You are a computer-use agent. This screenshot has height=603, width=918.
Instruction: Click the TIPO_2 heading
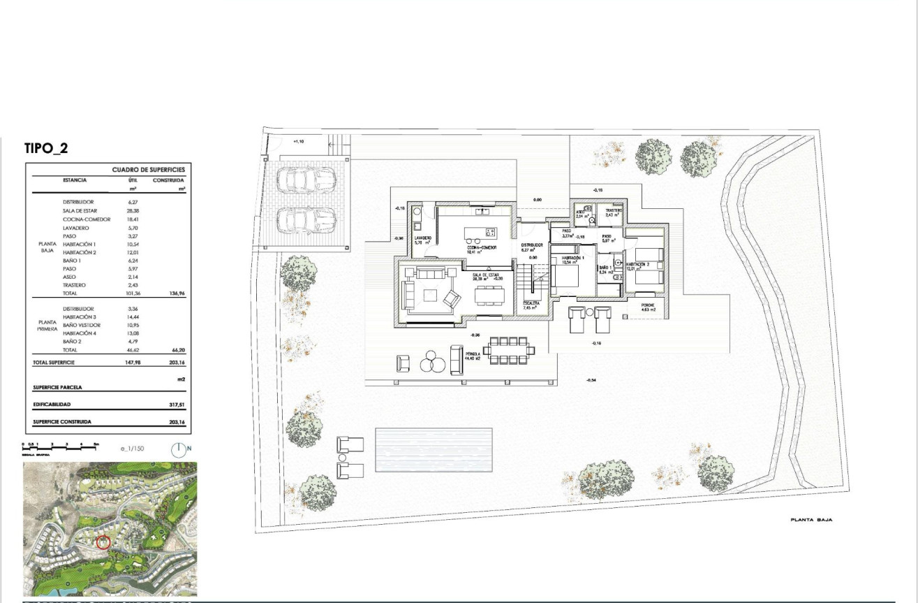pos(46,148)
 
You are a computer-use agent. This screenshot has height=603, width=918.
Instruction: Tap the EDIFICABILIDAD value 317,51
pos(177,405)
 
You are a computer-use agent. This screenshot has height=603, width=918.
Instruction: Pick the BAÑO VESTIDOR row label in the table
pos(82,325)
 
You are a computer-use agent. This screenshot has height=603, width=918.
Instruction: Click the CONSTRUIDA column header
pos(168,180)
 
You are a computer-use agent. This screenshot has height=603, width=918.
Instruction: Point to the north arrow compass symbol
pos(180,449)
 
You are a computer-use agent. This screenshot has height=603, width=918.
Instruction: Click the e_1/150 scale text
pos(131,449)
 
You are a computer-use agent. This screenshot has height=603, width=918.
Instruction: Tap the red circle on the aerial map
pos(103,542)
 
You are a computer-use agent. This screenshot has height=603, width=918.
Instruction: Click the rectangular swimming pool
pos(434,449)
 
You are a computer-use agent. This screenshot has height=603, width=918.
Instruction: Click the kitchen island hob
pos(490,232)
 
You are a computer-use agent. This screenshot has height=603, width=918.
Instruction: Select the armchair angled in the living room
pos(452,299)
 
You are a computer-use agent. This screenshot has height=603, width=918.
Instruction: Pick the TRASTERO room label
pos(614,210)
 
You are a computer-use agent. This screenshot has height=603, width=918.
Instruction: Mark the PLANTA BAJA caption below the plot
pos(811,520)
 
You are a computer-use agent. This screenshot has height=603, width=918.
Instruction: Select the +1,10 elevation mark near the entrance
pos(298,141)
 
